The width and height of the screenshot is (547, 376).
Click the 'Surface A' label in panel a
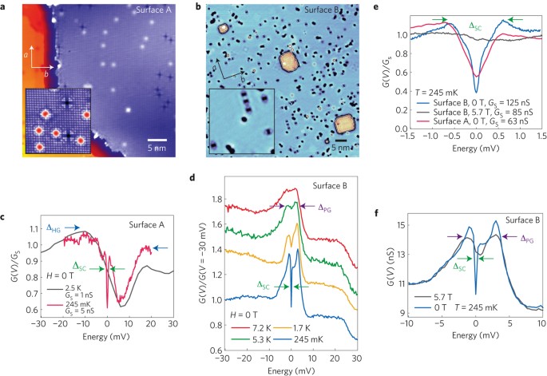pos(153,10)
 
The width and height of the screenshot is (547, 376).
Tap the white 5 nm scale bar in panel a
pos(157,140)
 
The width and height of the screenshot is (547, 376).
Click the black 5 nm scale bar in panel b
pos(341,141)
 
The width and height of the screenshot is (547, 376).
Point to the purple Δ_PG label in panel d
pos(324,208)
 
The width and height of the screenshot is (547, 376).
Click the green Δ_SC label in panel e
pos(475,26)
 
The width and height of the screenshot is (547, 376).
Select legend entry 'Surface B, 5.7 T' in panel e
pos(483,112)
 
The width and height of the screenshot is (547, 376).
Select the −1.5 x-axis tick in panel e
pos(407,136)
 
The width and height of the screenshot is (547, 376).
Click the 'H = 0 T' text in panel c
pos(60,275)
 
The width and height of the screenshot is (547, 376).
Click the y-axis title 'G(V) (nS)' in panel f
pos(390,273)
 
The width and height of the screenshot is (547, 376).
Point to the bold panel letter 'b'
pos(199,7)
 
